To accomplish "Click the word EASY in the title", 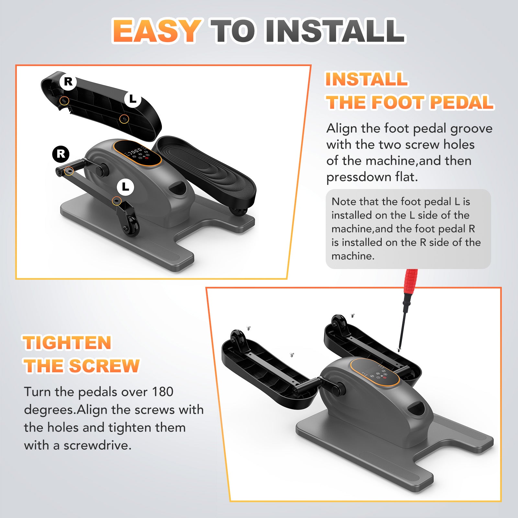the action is pos(157,31).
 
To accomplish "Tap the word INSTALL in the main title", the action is pos(335,31).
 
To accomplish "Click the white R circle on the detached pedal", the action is pos(68,81).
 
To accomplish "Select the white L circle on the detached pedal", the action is pos(133,99).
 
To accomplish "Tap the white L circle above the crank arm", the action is pos(125,187).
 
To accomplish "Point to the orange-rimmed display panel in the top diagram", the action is pos(137,153).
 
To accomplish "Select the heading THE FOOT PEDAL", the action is pos(410,102).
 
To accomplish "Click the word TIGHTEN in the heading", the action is pos(67,343).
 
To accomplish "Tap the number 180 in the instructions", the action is pos(163,392).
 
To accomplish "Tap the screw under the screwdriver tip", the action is pos(399,349).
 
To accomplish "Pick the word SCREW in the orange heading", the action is pos(105,366).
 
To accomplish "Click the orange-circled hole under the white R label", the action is pos(65,101).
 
